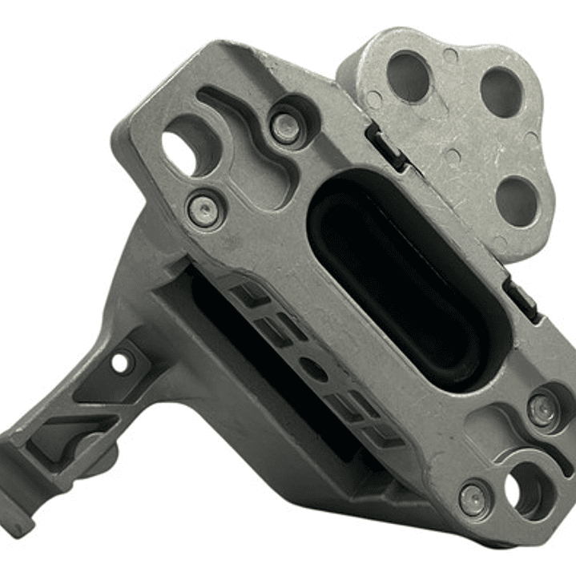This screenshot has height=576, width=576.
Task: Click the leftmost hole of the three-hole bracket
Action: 408,76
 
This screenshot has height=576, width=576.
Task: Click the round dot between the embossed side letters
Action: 317,371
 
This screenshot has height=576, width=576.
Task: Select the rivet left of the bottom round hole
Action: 472,501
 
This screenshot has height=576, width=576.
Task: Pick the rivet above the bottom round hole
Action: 543,410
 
